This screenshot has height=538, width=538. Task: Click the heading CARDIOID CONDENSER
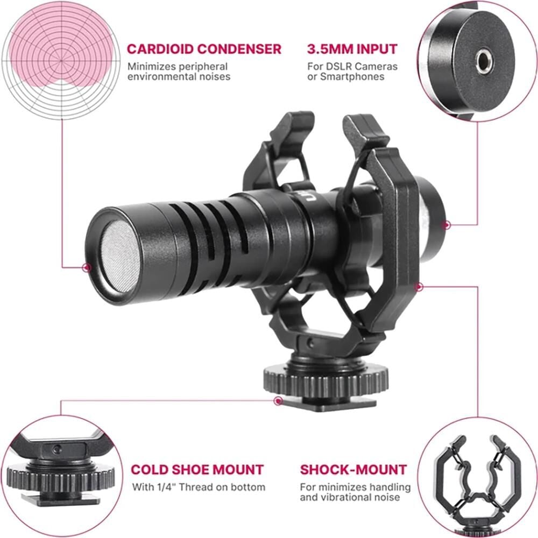point(204,49)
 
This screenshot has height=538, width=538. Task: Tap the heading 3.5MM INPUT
point(352,49)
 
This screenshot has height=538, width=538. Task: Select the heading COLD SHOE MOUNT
point(197,469)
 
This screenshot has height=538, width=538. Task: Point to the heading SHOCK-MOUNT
point(353,469)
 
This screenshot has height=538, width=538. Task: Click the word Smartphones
point(352,76)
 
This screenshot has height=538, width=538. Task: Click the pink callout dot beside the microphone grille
point(87,267)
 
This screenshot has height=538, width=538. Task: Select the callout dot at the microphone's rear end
point(447,225)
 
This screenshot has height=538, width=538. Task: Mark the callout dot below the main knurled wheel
point(278,400)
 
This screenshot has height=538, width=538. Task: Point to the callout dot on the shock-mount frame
point(419,287)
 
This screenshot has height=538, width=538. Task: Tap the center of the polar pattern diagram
point(62,61)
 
